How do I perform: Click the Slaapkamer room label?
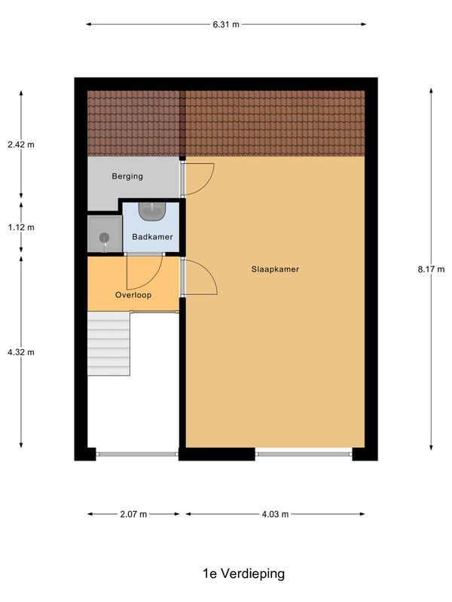[x=275, y=269]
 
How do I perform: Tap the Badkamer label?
[x=152, y=237]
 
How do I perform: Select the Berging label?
[x=127, y=177]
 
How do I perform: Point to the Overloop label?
[x=133, y=295]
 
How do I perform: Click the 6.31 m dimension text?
[x=225, y=24]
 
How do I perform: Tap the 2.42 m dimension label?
[x=20, y=144]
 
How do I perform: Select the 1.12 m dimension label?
[x=20, y=227]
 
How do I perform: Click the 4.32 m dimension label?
[x=20, y=351]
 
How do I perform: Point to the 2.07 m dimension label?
[x=133, y=515]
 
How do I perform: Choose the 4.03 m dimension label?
[x=275, y=515]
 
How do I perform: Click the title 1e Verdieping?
[x=243, y=573]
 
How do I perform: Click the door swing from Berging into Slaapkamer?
[x=198, y=178]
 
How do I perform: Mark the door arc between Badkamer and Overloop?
[x=144, y=272]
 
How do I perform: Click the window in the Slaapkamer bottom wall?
[x=304, y=454]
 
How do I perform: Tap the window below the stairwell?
[x=137, y=454]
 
